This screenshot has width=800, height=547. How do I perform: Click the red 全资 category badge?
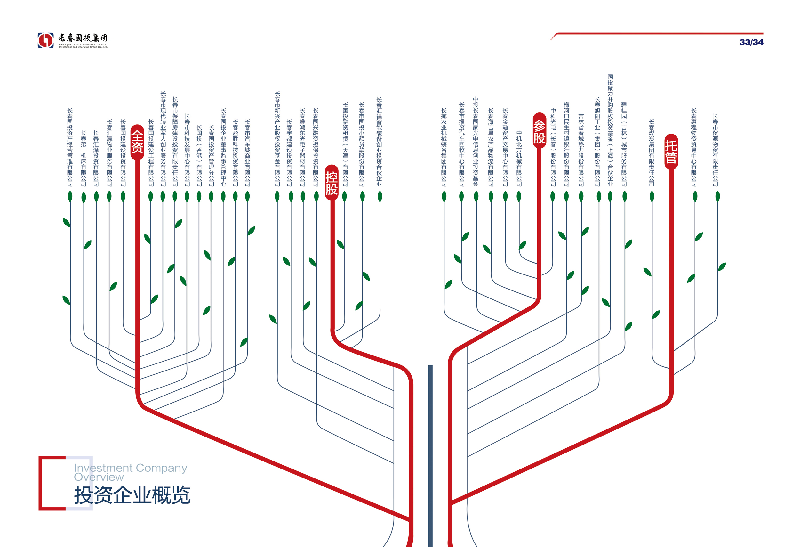pos(137,142)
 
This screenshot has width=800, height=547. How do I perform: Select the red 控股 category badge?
pos(332,183)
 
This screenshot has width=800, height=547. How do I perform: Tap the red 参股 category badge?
pos(539,131)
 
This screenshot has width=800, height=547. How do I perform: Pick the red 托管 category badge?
pos(671,151)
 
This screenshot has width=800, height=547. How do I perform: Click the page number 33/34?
pos(751,42)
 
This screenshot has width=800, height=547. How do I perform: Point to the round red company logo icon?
pos(46,40)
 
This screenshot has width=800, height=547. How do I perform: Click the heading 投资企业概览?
pos(132,495)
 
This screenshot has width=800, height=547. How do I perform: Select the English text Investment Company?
pos(131,468)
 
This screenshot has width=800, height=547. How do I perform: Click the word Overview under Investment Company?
pos(99,477)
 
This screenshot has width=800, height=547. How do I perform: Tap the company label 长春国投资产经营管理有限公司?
pos(70,147)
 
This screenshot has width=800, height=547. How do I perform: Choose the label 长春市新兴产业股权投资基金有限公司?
pos(277,138)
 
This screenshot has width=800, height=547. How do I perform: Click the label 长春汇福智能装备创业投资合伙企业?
pos(379,141)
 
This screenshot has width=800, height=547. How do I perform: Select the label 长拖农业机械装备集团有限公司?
pos(444,147)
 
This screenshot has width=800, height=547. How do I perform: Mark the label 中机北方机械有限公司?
pos(519,158)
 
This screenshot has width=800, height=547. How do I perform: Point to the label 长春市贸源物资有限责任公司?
pos(715,150)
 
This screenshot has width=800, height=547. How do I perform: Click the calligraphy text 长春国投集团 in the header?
pos(83,38)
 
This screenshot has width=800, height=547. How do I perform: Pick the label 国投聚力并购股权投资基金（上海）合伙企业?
pos(610,130)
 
